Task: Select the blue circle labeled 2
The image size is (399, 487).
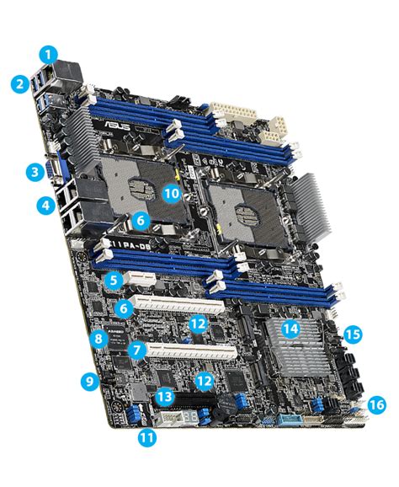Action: coord(19,83)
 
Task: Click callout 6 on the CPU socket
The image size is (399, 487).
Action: coord(141,220)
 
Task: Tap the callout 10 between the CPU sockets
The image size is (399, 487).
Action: coord(172,193)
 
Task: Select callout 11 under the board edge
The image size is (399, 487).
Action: coord(147,437)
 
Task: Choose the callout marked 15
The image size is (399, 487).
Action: coord(353,334)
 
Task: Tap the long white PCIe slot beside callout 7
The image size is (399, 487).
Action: coord(194,345)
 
